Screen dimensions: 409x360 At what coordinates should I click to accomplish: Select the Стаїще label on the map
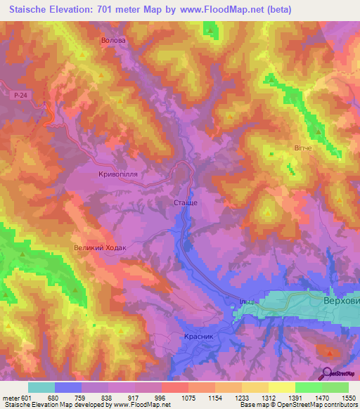point(185,202)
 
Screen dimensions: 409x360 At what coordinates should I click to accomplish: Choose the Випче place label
point(302,149)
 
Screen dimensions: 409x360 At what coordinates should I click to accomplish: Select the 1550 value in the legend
point(348,398)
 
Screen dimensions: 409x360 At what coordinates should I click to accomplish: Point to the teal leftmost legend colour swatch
point(41,387)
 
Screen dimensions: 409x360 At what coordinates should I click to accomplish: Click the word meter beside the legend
point(10,398)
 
